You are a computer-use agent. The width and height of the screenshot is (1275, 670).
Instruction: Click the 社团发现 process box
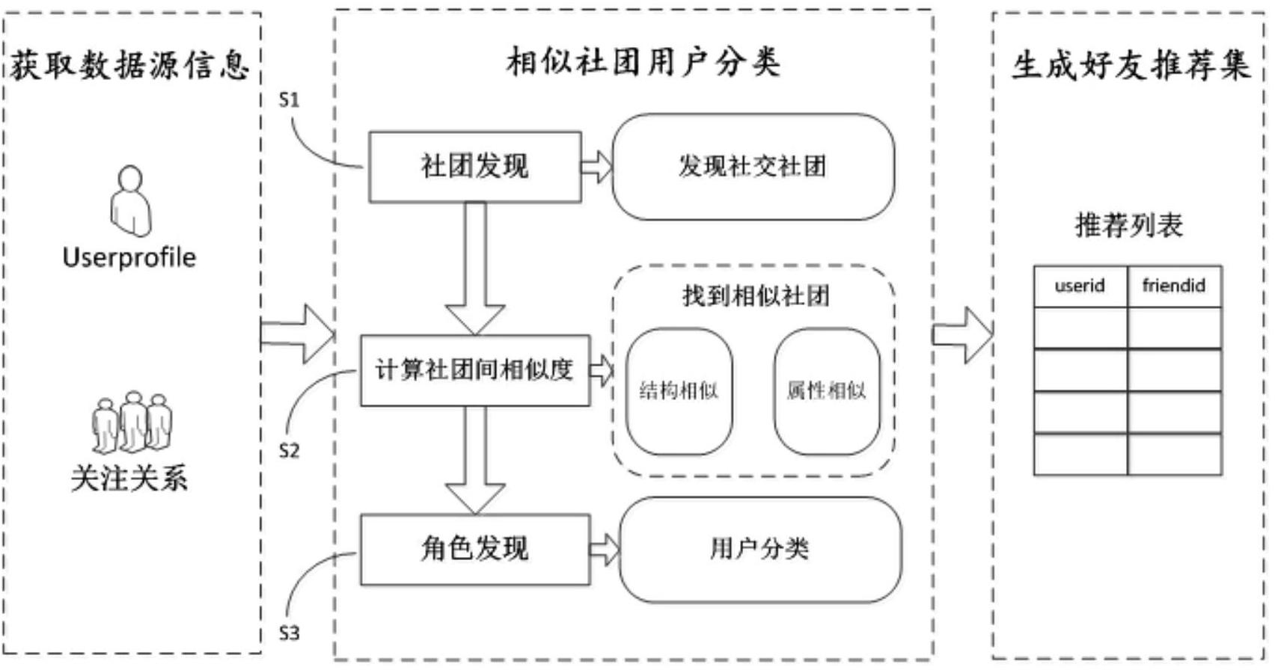point(475,167)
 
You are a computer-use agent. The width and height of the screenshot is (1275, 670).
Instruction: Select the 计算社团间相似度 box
point(475,370)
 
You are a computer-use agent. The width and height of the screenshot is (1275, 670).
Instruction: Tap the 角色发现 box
point(475,550)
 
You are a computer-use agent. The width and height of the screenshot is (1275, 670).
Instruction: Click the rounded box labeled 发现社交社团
point(753,167)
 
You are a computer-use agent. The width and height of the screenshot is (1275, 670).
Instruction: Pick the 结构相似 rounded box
point(679,391)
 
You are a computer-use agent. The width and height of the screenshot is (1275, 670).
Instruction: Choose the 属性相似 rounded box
point(827,391)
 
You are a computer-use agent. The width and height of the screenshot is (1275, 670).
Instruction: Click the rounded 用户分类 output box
point(760,550)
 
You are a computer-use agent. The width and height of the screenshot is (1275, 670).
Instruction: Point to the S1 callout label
point(289,100)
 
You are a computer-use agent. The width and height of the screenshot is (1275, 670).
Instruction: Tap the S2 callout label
point(289,451)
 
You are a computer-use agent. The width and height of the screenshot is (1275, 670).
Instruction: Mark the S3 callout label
point(289,633)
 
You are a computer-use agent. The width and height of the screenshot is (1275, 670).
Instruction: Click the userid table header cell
point(1080,286)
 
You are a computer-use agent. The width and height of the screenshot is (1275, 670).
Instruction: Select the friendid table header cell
point(1174,286)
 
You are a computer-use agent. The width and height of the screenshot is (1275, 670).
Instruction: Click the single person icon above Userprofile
point(131,200)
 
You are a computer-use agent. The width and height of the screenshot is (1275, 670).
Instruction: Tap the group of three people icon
point(132,422)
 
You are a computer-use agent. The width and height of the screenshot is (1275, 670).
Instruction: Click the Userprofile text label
point(129,258)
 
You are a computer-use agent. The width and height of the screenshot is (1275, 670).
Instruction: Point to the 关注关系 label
point(129,478)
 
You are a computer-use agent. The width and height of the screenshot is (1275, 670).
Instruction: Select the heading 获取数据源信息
point(130,65)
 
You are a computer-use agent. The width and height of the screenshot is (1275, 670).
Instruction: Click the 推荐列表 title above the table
point(1129,225)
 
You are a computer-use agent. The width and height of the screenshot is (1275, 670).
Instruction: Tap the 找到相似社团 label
point(756,296)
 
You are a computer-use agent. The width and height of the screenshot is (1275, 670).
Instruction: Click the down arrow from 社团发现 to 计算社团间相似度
point(475,268)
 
